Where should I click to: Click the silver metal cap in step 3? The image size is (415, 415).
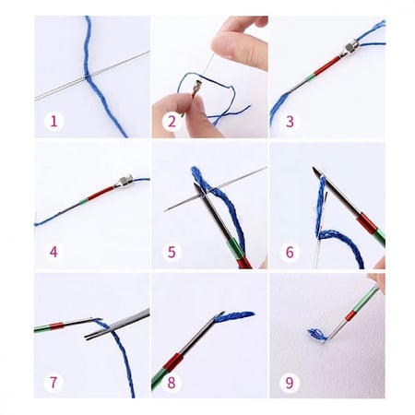click(351, 51)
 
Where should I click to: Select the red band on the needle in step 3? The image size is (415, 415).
click(325, 66)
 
